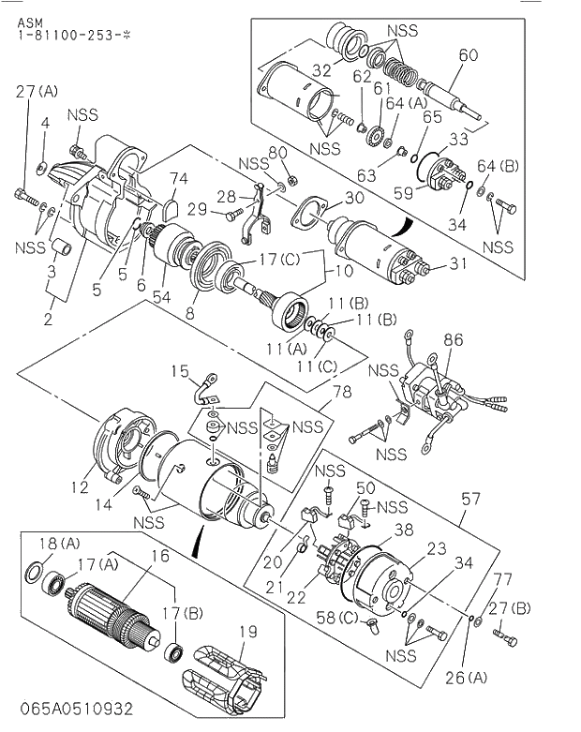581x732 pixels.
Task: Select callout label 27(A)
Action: click(37, 91)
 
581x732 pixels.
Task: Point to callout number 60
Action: click(467, 55)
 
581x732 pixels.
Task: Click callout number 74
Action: click(179, 177)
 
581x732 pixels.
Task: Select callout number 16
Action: click(160, 556)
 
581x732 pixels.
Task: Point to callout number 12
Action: click(80, 486)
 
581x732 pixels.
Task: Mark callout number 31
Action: click(457, 263)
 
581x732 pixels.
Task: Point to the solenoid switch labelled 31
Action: click(375, 248)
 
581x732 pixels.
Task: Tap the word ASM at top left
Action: click(29, 20)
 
